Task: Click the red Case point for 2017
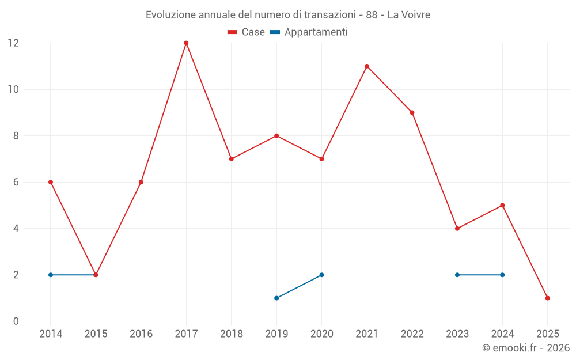(x=186, y=43)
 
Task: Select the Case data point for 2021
(x=367, y=66)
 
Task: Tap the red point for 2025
(x=548, y=298)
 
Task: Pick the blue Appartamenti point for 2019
(x=276, y=298)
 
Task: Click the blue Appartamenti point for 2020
(x=321, y=275)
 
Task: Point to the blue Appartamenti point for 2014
(x=51, y=275)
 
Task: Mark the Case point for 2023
(x=457, y=229)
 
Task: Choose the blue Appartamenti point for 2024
(x=502, y=275)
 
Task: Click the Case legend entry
(x=247, y=32)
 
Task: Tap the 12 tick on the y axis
(x=13, y=43)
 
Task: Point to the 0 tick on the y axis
(x=16, y=321)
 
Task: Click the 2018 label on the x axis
(x=231, y=334)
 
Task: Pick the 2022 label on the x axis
(x=412, y=334)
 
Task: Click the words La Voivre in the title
(x=408, y=15)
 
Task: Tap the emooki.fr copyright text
(x=525, y=348)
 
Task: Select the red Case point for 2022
(x=412, y=113)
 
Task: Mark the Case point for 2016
(x=141, y=182)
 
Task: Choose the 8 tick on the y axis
(x=16, y=136)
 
